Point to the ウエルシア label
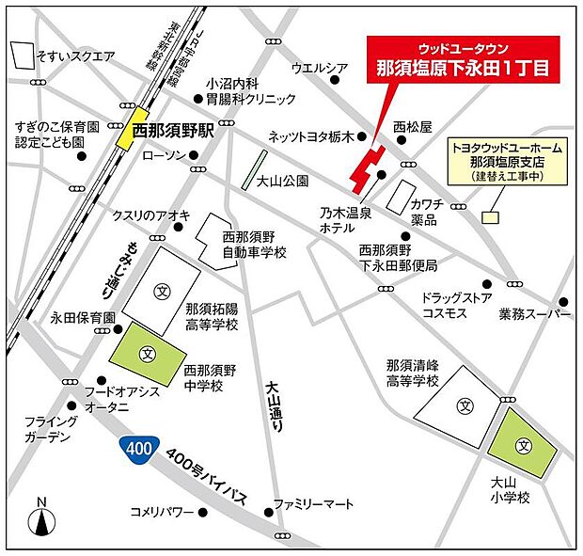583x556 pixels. (321, 68)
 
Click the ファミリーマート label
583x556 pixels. (314, 504)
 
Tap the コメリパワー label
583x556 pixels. (162, 513)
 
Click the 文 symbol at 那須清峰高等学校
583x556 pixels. (465, 405)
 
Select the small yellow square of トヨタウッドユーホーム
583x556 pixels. (489, 217)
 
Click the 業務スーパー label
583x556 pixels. (535, 312)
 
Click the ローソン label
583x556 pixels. (165, 155)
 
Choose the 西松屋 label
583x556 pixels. (412, 126)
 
